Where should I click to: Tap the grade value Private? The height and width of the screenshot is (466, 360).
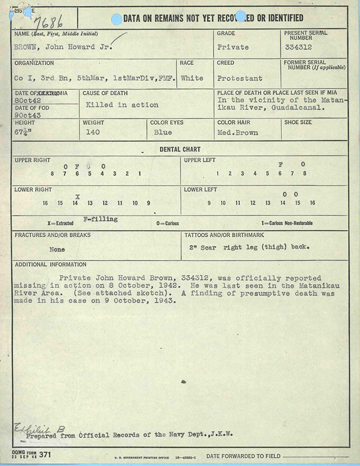[233, 47]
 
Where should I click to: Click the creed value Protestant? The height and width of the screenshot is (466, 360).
[239, 78]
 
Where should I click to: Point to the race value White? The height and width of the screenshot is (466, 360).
[192, 78]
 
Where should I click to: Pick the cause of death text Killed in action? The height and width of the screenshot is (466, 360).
[122, 105]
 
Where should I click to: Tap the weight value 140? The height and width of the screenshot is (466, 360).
[93, 132]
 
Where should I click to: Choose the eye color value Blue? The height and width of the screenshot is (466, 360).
[163, 132]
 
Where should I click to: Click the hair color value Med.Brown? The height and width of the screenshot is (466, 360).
[237, 132]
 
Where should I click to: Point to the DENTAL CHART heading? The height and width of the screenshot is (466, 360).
[180, 149]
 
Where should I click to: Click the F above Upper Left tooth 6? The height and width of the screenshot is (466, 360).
[280, 164]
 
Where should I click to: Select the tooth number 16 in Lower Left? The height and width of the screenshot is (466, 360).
[312, 203]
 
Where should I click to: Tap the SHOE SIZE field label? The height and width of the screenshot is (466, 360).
[298, 123]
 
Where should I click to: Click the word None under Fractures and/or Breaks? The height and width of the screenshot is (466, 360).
[57, 249]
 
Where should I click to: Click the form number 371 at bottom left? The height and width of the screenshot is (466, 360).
[44, 455]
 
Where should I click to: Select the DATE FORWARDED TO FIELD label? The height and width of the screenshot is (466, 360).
[243, 456]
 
